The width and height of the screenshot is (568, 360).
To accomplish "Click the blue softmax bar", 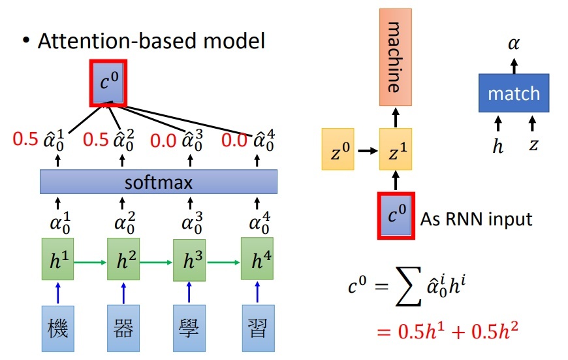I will coord(159,182).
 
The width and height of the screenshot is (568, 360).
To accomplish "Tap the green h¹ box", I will coord(57,261).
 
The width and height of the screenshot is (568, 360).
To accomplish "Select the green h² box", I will coord(123,261).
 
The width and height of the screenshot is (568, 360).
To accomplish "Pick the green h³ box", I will coord(189,261).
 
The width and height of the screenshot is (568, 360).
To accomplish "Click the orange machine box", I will coord(396,57).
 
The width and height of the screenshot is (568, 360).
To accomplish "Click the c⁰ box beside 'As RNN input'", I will coord(394,215).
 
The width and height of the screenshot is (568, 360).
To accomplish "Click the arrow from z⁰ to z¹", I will coord(366,150).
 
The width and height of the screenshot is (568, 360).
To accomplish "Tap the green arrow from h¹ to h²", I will coord(90,261).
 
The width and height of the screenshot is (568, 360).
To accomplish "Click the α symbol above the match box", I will coord(514,44).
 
